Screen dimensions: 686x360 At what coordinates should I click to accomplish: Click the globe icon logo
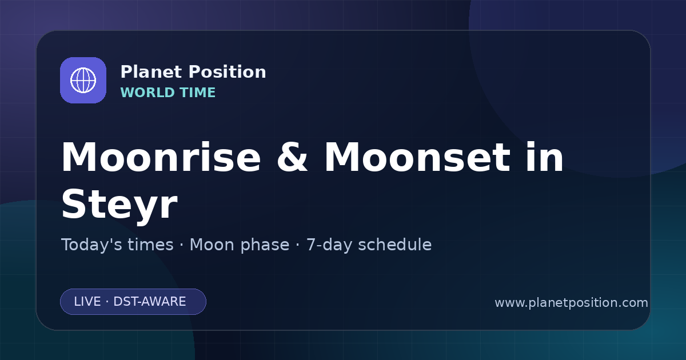point(83,80)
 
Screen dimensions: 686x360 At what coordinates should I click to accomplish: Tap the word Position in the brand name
point(228,71)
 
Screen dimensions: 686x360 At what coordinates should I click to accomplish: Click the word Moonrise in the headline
point(161,157)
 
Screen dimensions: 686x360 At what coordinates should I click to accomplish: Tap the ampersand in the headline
point(292,157)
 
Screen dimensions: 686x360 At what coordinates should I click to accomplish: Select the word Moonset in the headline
point(417,157)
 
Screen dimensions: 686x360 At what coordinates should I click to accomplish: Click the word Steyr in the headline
point(119,204)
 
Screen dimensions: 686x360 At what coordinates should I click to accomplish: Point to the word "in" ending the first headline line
point(544,157)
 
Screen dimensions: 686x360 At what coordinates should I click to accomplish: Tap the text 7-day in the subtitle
point(329,245)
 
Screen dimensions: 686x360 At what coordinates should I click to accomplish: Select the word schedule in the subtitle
point(395,245)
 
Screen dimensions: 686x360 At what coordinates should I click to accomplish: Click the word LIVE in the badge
point(87,302)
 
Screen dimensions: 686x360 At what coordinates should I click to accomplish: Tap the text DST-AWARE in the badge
point(150,302)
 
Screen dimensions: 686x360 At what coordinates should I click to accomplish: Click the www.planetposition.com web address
point(572,303)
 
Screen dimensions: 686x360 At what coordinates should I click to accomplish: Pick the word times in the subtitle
point(151,245)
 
